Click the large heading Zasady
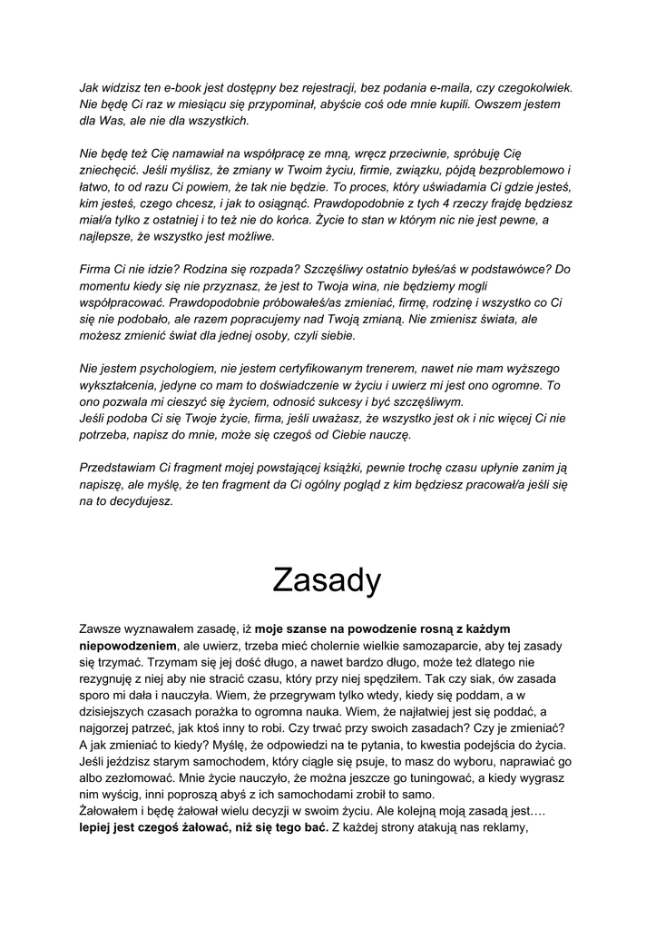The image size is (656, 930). (328, 579)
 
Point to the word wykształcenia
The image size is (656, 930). (121, 384)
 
